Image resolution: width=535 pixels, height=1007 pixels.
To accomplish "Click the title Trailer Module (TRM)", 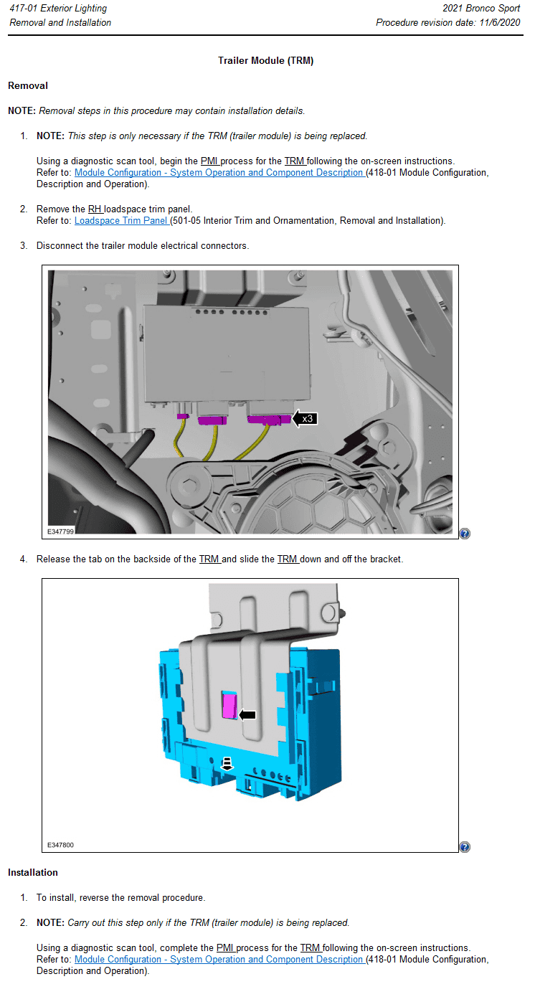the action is pos(265,61).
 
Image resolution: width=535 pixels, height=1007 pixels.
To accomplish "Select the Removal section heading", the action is pos(28,86).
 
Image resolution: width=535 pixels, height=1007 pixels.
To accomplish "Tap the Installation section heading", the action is pos(33,873).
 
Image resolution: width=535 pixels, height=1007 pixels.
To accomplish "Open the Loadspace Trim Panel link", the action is pos(121,221).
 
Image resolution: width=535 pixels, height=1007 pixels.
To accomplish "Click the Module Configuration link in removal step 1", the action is pos(219,173).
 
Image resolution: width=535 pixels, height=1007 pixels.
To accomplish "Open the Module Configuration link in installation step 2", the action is pos(219,960).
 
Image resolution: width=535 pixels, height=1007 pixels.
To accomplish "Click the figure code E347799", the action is pos(61,531).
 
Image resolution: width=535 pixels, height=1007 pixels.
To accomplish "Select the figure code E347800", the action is pos(61,845).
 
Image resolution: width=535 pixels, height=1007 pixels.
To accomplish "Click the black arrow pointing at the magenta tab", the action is pos(247,714).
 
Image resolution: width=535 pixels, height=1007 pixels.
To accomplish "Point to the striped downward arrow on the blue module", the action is pos(227,763).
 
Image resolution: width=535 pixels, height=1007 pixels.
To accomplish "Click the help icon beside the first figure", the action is pos(465,534).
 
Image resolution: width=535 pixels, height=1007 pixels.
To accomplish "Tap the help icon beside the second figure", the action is pos(465,847).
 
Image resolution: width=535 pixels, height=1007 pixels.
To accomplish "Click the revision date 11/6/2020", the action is pos(499,22).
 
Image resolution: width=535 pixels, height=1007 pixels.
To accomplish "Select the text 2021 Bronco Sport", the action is pos(481,9).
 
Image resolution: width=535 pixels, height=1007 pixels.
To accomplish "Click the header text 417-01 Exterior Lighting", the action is pos(58,9).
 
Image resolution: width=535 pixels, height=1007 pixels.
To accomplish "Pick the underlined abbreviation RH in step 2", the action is pos(95,209).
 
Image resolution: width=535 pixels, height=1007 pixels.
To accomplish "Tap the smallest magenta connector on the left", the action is pos(183,416).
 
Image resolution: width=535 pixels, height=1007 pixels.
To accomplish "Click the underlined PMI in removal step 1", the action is pos(209,161).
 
